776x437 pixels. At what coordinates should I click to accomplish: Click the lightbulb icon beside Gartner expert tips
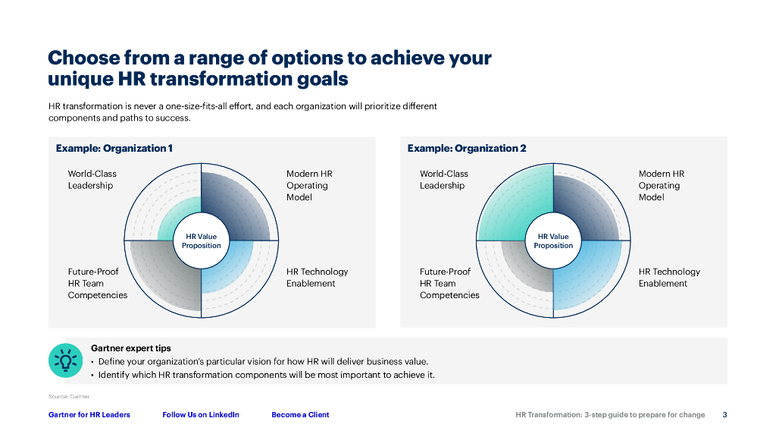(65, 360)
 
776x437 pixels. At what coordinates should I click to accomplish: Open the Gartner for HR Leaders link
(89, 415)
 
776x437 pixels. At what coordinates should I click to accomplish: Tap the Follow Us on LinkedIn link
(200, 415)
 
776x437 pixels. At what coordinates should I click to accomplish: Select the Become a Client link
(300, 415)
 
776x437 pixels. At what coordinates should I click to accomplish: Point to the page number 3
(724, 415)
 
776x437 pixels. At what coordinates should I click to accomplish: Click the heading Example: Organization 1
(114, 148)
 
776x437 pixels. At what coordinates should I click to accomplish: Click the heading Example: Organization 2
(467, 148)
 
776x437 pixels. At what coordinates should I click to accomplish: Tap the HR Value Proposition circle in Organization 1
(201, 241)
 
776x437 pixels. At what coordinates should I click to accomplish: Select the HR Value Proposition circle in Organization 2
(553, 241)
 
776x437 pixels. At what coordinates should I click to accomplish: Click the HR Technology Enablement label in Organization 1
(318, 278)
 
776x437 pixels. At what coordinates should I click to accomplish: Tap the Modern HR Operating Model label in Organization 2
(662, 185)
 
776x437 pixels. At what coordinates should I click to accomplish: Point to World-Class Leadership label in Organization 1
(92, 179)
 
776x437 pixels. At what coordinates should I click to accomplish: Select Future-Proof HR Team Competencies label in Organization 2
(449, 284)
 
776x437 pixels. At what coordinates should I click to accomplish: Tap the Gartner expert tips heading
(130, 348)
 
